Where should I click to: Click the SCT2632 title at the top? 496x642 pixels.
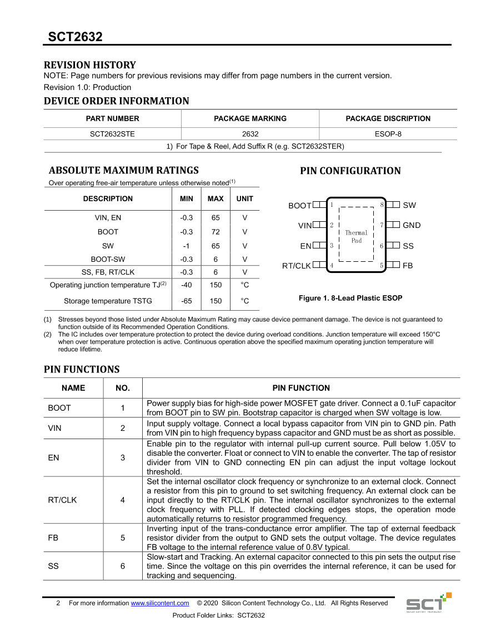(x=75, y=37)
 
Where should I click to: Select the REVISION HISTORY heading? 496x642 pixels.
(x=89, y=65)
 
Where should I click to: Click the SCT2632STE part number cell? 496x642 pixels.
(x=112, y=134)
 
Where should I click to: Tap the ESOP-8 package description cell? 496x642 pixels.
(x=388, y=134)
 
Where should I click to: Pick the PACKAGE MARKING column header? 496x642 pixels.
(x=250, y=118)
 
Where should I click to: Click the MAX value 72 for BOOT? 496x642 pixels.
(x=216, y=232)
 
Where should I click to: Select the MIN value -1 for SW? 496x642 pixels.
(x=187, y=246)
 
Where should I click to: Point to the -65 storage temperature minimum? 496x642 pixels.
(x=187, y=301)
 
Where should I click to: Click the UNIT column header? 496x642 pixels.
(x=244, y=198)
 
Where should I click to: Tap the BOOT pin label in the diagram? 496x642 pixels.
(x=300, y=206)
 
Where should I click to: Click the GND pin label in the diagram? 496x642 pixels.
(x=412, y=225)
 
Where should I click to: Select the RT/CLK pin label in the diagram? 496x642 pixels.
(x=297, y=266)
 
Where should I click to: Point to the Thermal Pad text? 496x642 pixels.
(x=356, y=237)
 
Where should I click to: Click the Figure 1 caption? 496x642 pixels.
(x=350, y=298)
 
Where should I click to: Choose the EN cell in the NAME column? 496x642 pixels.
(x=54, y=457)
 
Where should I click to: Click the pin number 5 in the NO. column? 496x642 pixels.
(x=123, y=538)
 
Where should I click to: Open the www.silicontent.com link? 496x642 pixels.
(x=160, y=603)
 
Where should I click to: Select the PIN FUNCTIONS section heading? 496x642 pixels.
(x=82, y=370)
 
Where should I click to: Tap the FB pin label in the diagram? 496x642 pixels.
(x=408, y=266)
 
